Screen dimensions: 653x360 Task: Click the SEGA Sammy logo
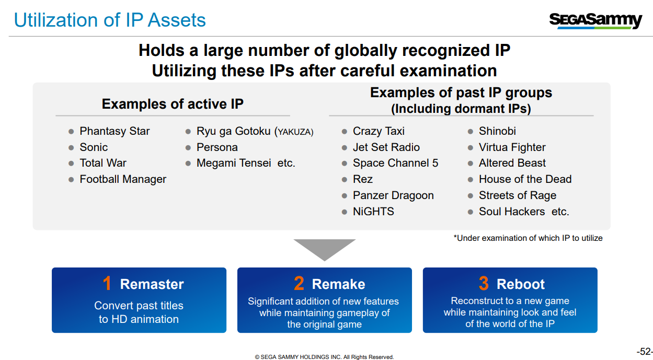595,21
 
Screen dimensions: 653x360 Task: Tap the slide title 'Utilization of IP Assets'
110,20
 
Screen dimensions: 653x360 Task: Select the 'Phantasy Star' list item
114,131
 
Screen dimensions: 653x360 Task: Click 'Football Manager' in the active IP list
123,179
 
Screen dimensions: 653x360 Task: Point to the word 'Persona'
217,147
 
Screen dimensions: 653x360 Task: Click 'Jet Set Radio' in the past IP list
386,147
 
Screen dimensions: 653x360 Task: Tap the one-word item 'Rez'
363,179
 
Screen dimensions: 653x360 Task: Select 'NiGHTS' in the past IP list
373,212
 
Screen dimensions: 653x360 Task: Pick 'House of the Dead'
525,179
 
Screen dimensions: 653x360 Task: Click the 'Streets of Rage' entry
518,195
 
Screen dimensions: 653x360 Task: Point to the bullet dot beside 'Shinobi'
470,131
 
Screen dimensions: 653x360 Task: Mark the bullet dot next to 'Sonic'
71,148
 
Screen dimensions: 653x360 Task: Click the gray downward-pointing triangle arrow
325,248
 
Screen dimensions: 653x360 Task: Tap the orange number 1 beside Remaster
107,283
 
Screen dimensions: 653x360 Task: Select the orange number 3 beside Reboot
484,283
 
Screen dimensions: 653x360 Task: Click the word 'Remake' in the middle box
338,284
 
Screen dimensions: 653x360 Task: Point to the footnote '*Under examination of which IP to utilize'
528,238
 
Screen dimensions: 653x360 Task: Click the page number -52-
645,351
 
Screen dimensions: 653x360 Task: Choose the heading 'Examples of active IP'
173,104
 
